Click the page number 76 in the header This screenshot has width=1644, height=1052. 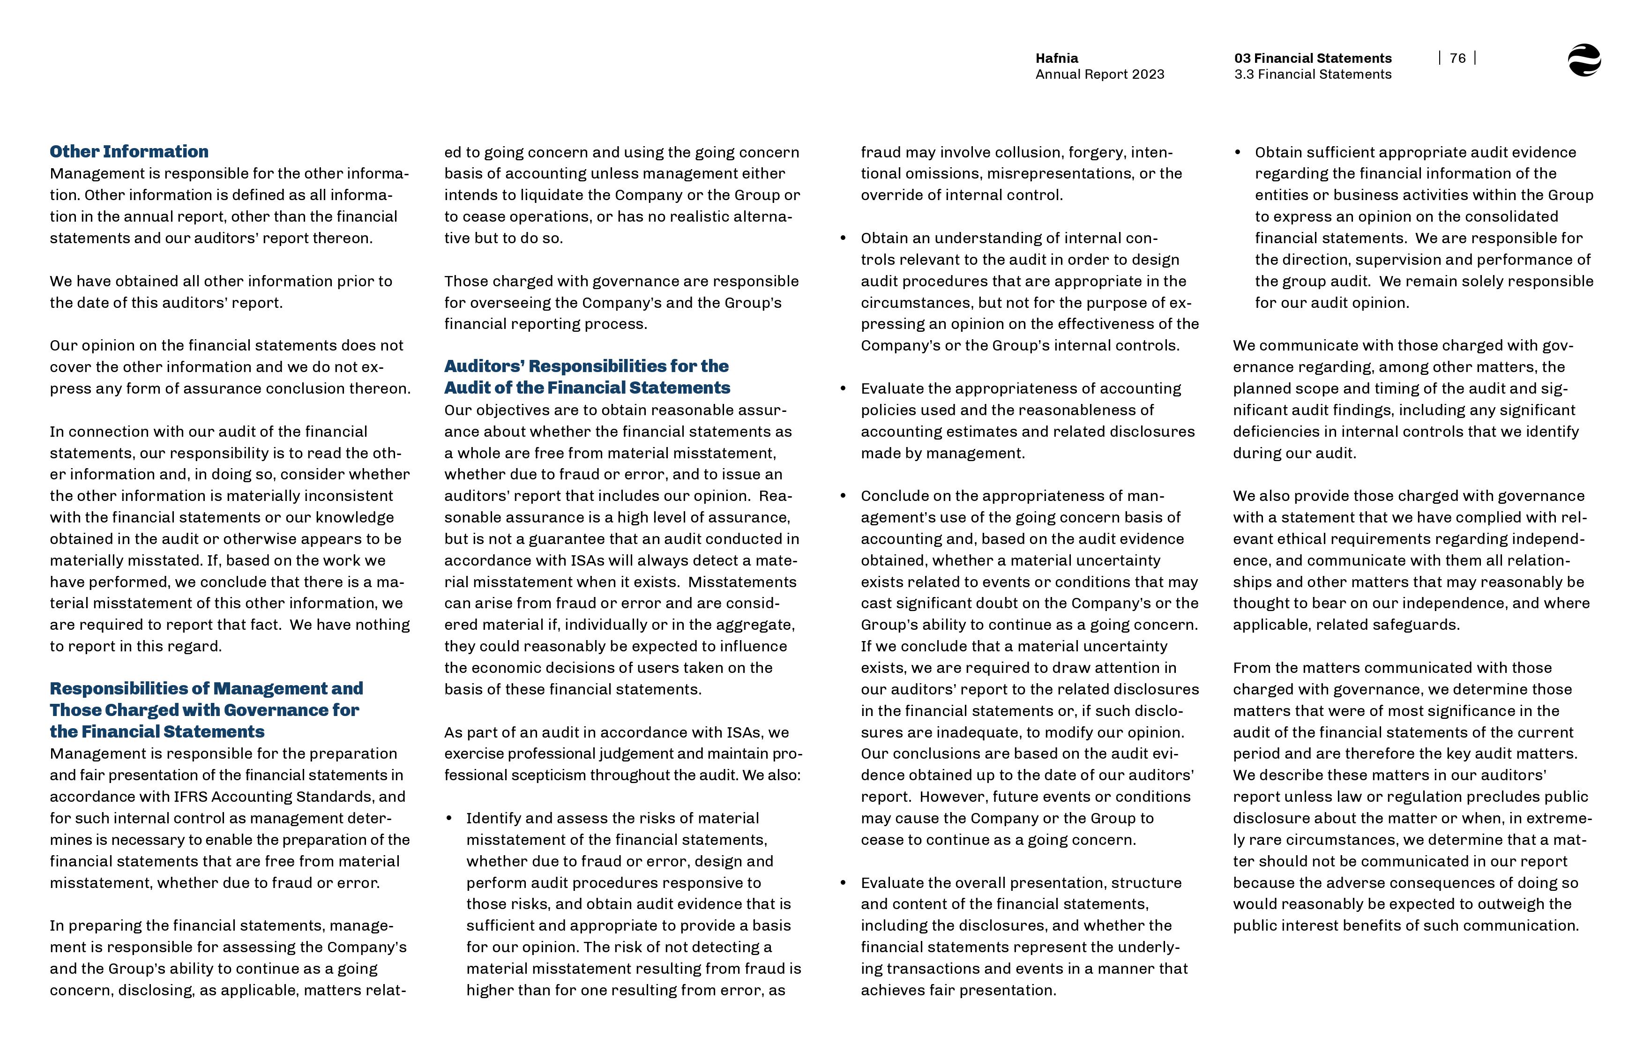1457,59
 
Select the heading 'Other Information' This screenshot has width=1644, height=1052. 129,152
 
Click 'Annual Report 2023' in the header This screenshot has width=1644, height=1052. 1099,75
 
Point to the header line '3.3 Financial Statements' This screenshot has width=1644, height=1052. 1312,75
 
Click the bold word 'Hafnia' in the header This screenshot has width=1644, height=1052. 1057,59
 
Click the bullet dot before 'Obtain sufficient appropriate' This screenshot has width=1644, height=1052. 1238,152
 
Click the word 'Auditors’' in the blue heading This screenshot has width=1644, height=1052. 484,366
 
